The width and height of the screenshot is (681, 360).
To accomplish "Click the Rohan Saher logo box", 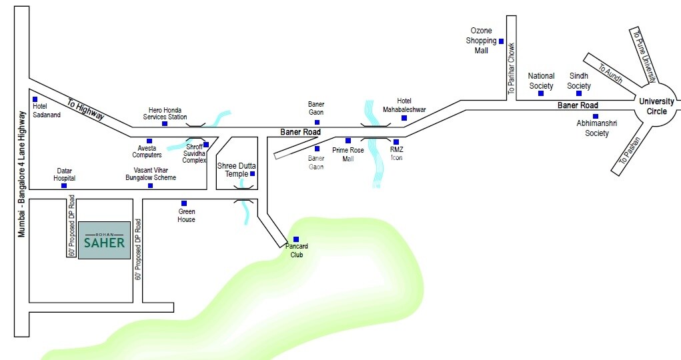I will click(x=104, y=241).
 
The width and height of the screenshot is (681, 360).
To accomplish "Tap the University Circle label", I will click(x=657, y=106).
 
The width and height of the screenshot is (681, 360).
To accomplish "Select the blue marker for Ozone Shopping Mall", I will click(x=501, y=41).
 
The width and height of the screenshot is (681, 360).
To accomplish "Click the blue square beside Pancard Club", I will click(x=296, y=239).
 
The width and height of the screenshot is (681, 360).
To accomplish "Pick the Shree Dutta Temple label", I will click(x=233, y=169).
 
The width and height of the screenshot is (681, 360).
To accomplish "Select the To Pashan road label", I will click(x=630, y=150).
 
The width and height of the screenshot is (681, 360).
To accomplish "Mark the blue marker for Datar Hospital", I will click(x=64, y=185).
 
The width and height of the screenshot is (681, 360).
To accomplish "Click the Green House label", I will click(x=186, y=215).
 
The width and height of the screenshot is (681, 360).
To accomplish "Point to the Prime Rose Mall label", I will click(x=348, y=155).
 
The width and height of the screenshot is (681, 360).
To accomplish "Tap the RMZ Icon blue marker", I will click(x=396, y=142).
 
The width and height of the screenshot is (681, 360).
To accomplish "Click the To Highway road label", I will click(x=85, y=109).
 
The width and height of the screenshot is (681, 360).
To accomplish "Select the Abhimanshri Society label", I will click(x=592, y=129).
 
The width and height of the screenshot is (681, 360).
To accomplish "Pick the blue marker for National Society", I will click(x=541, y=93).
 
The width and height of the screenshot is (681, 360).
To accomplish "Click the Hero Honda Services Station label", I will click(x=165, y=113).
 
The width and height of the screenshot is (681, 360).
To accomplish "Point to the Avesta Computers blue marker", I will click(x=149, y=141).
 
